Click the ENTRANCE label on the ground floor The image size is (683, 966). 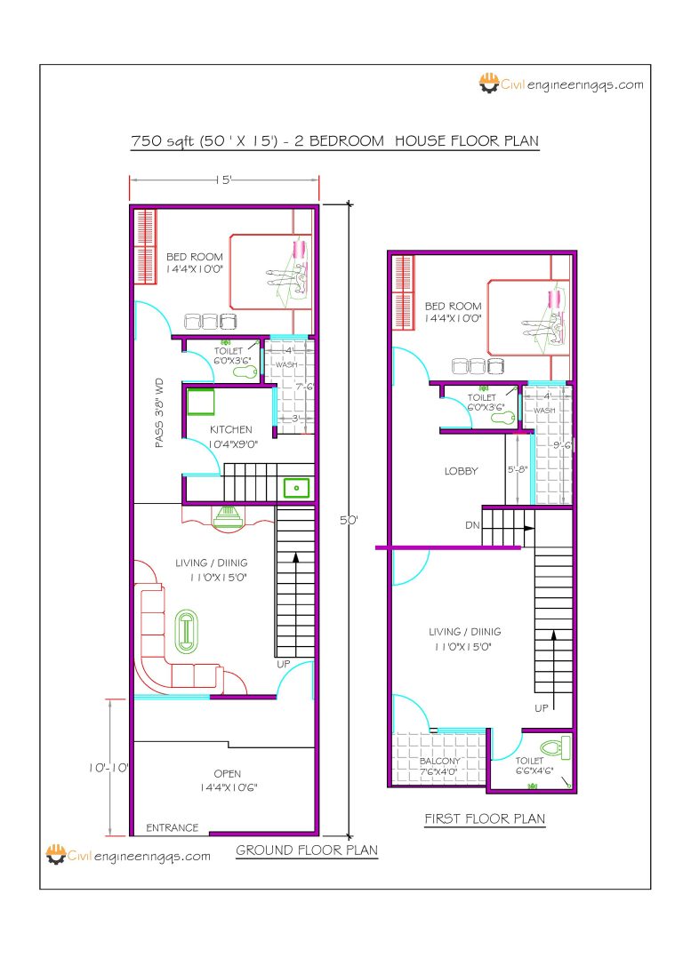[x=173, y=827]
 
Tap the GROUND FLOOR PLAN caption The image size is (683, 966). [x=307, y=850]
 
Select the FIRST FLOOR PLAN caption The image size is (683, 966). [x=485, y=818]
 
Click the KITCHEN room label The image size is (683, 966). [x=231, y=429]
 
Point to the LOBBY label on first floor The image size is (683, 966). [x=462, y=471]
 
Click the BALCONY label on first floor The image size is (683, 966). [x=439, y=762]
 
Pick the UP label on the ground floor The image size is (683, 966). [x=283, y=664]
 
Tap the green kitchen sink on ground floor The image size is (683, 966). [x=296, y=488]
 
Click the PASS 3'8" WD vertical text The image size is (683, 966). [x=160, y=412]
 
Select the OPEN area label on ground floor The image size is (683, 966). [x=227, y=774]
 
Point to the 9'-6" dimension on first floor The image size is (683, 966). [x=563, y=445]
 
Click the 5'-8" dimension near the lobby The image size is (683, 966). [x=518, y=471]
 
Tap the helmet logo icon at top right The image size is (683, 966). [x=488, y=84]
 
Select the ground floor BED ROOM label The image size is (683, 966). [x=194, y=257]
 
